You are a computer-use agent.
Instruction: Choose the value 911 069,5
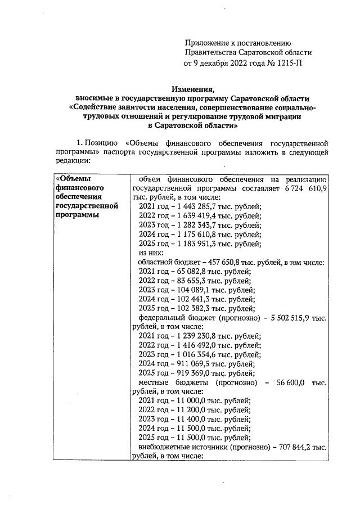pyautogui.click(x=187, y=364)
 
